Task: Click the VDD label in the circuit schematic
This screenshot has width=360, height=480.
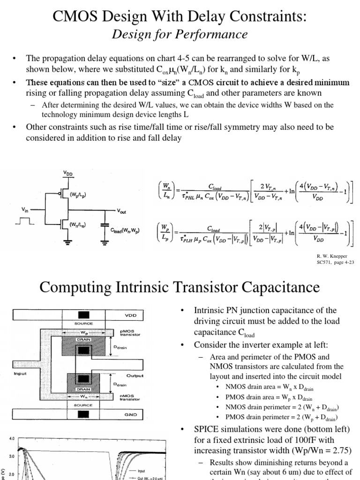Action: pos(68,172)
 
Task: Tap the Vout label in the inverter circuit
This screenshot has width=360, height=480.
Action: pos(122,211)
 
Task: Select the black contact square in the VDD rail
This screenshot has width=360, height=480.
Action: pos(84,314)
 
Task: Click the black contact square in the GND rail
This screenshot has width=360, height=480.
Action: pos(84,414)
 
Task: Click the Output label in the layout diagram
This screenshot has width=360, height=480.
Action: pos(135,375)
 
